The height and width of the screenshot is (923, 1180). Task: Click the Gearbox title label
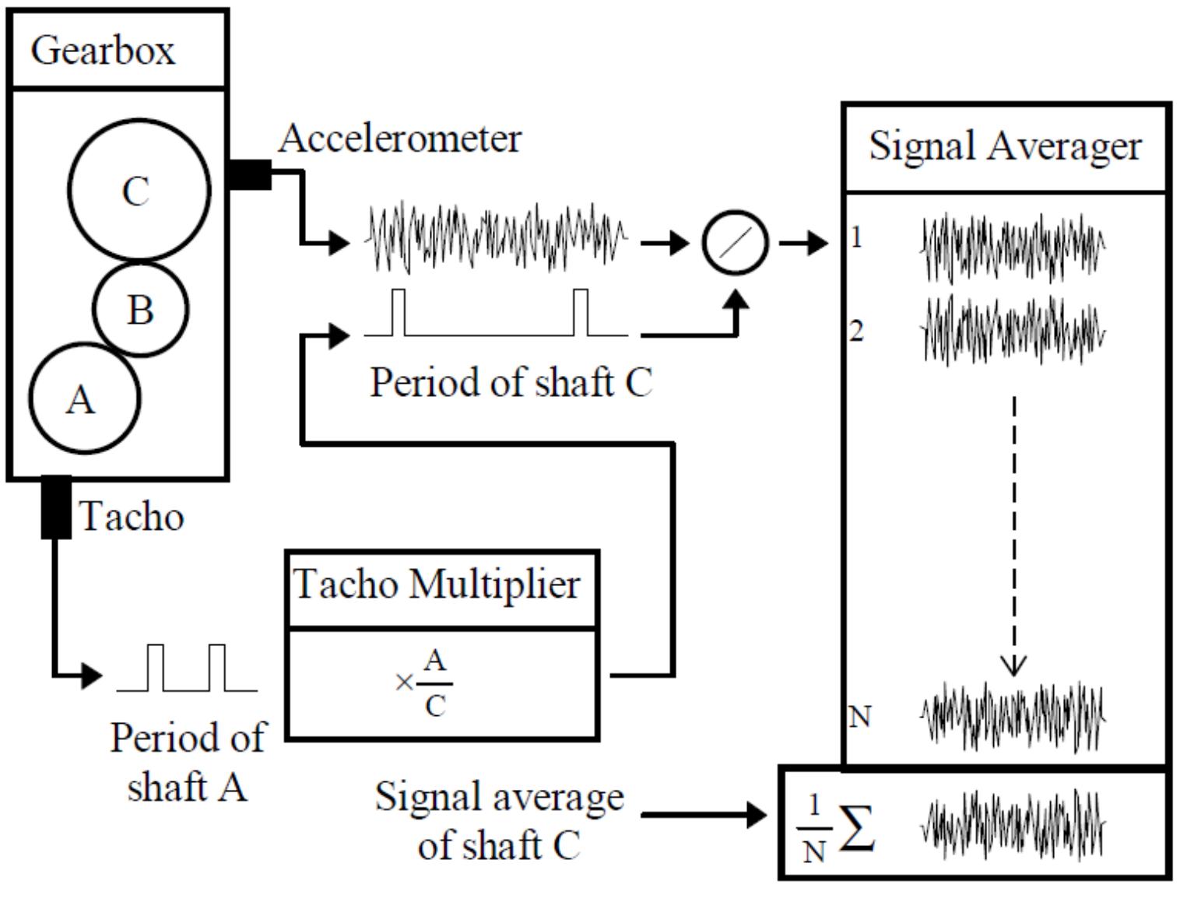point(103,51)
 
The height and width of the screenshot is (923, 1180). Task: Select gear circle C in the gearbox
point(139,189)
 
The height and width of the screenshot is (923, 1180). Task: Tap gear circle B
point(141,309)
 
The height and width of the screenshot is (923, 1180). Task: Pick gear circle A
point(84,398)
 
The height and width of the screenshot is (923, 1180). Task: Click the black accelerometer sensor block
point(250,174)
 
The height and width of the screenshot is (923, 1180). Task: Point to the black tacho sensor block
point(55,507)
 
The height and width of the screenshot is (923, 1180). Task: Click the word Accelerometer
point(399,139)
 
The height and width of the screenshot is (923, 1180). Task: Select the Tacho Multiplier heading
point(437,584)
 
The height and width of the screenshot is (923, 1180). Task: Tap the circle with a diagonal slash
point(735,243)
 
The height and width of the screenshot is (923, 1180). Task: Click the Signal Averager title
point(1005,146)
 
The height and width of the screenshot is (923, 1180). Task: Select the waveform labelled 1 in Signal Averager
point(1012,247)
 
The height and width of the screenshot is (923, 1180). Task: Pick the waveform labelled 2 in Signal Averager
point(1012,330)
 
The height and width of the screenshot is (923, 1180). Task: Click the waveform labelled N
point(1012,716)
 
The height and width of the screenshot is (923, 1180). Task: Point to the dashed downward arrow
point(1013,537)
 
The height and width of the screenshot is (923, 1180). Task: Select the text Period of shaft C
point(510,382)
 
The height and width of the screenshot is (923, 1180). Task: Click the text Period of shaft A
point(187,761)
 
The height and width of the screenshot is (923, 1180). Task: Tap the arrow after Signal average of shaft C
point(704,815)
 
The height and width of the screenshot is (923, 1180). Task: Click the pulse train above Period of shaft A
point(187,669)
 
